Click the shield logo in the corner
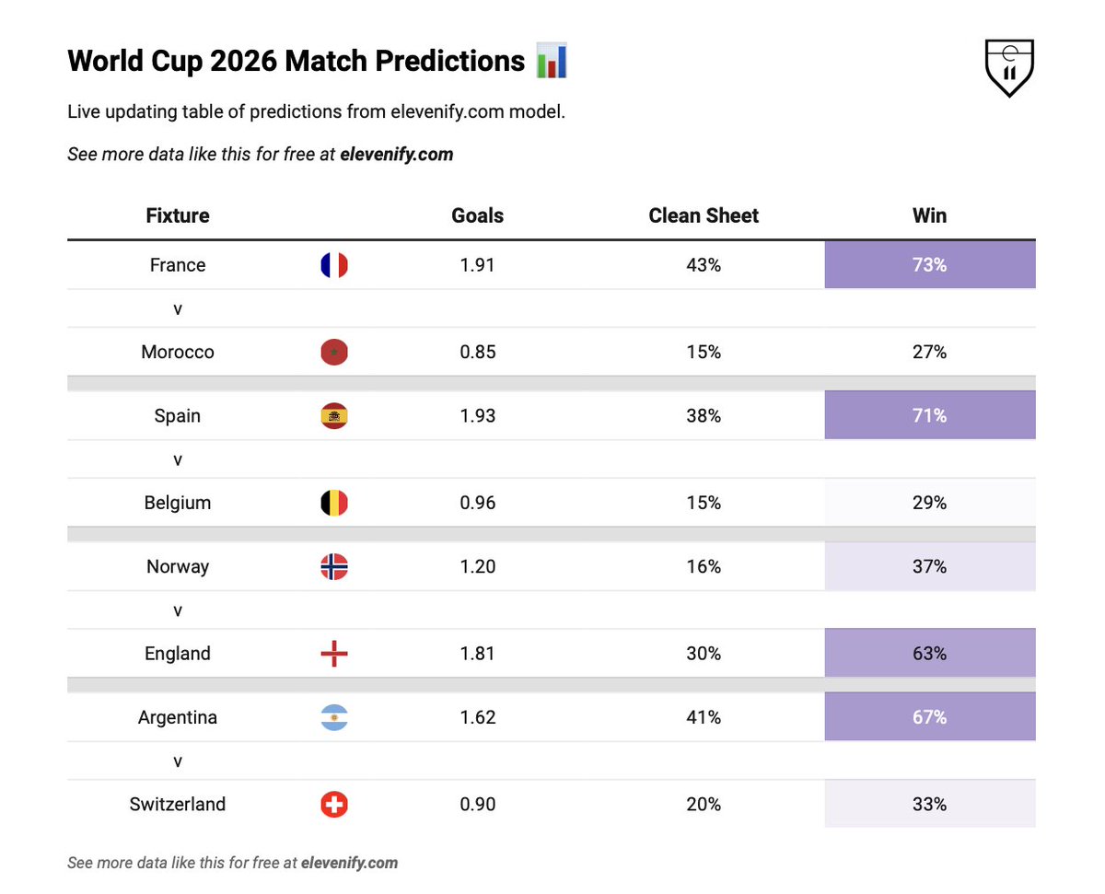(x=1008, y=67)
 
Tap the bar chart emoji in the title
(x=551, y=60)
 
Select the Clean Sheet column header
(x=703, y=215)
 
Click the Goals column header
(x=477, y=215)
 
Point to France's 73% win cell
(x=930, y=264)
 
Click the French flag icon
(x=334, y=265)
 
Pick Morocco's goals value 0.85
(x=477, y=352)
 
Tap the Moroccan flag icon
(x=334, y=352)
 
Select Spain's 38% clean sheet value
(x=704, y=415)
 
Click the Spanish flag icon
(x=334, y=416)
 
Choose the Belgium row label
(x=178, y=503)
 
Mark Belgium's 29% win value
(x=930, y=503)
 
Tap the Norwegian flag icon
(x=334, y=566)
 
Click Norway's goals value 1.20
(x=477, y=566)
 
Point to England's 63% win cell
(x=930, y=653)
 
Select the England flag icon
(x=334, y=654)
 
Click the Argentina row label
(x=178, y=717)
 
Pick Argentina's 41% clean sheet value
(x=704, y=717)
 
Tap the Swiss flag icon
(x=334, y=805)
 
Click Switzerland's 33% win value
(x=930, y=804)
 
